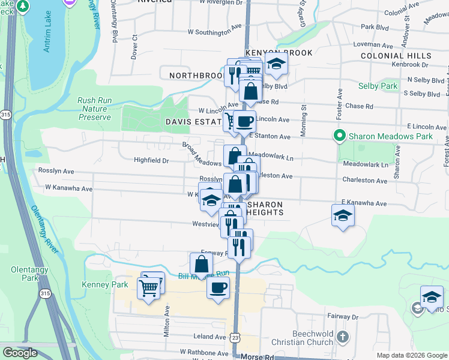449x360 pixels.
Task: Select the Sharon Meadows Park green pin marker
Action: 340,136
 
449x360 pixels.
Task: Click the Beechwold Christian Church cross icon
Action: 342,337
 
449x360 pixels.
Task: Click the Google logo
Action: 20,353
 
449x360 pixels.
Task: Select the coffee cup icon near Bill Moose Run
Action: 218,287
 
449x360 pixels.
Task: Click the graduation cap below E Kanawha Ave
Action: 343,216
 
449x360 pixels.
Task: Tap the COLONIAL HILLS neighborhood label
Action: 396,56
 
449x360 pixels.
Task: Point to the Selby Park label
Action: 378,86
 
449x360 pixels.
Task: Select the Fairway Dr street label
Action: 339,316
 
